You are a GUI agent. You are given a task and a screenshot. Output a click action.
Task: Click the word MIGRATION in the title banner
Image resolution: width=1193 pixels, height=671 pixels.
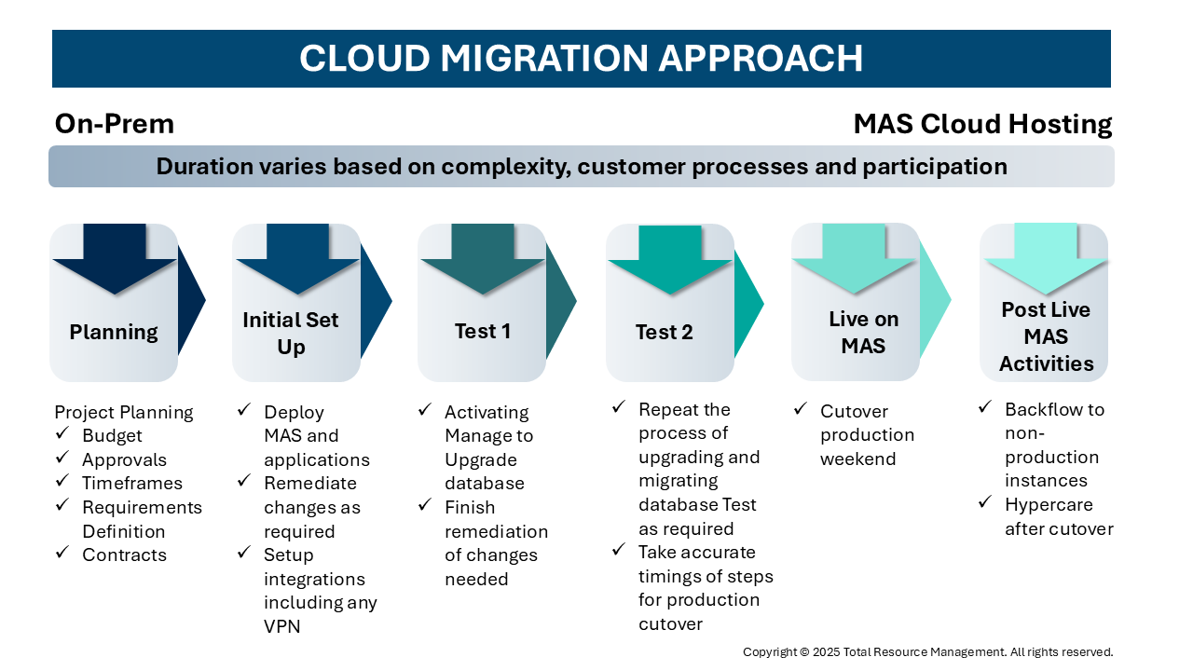(x=543, y=58)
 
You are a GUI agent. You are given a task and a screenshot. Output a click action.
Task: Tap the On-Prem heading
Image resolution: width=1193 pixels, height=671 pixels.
(x=115, y=124)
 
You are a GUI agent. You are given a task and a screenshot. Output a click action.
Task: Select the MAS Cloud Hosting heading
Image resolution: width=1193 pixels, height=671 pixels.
(x=982, y=125)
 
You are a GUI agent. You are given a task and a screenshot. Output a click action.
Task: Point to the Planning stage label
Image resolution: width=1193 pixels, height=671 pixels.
(x=114, y=333)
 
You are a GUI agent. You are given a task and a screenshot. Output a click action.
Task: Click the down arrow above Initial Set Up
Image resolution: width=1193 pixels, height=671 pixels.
(x=297, y=259)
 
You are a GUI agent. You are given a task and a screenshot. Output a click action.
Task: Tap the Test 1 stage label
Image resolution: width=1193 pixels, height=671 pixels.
(x=483, y=331)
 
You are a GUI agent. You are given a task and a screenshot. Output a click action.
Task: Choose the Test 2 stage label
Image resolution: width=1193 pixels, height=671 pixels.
(x=665, y=333)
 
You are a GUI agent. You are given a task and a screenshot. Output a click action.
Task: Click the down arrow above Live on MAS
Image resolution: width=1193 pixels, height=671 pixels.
(x=855, y=258)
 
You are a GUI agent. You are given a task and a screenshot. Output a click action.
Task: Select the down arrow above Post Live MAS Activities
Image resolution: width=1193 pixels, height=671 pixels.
(x=1046, y=259)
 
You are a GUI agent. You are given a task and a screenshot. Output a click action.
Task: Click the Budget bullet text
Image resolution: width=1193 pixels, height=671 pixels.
(x=112, y=436)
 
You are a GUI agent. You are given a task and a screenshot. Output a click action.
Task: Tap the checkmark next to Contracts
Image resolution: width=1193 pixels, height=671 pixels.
(x=62, y=552)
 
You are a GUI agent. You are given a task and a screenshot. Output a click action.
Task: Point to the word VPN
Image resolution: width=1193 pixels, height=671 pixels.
(x=281, y=627)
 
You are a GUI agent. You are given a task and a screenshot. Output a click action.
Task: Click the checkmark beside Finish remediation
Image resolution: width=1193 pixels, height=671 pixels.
(x=424, y=504)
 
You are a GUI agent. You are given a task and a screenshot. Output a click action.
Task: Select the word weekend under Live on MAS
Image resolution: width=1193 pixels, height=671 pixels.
(x=858, y=459)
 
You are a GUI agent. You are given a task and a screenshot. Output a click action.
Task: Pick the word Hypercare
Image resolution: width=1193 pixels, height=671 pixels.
(x=1049, y=505)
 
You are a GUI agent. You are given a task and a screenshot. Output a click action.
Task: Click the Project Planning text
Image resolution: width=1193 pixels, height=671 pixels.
(x=124, y=413)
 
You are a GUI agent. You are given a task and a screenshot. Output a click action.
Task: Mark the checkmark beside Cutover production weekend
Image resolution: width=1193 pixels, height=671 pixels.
(x=800, y=408)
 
